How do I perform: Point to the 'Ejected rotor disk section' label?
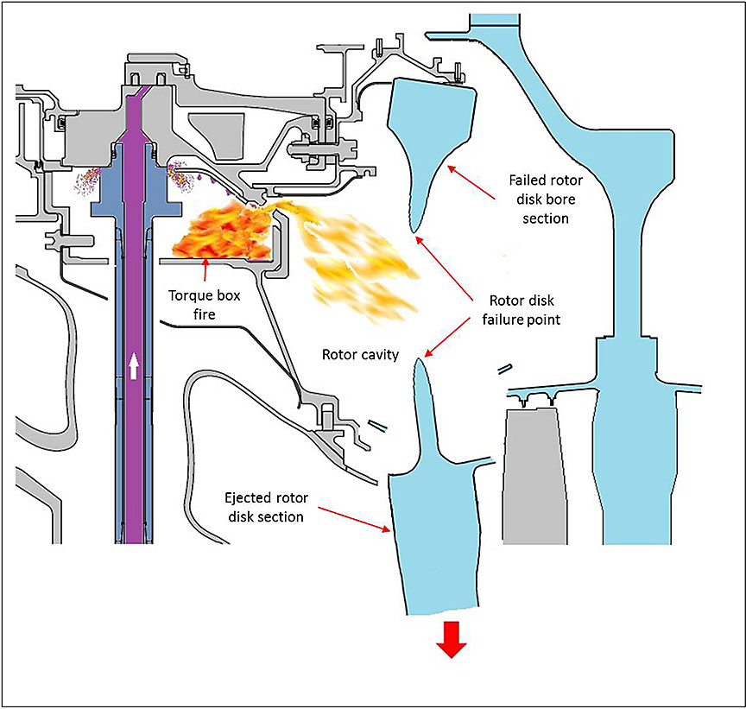(x=262, y=508)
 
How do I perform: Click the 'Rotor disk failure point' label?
(x=522, y=309)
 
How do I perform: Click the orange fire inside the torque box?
(x=216, y=231)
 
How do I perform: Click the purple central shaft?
(x=135, y=259)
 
